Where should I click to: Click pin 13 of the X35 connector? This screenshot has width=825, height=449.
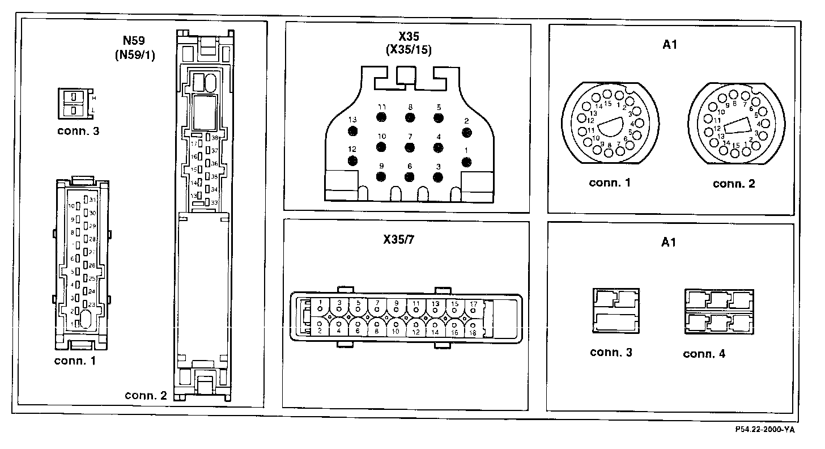click(x=353, y=132)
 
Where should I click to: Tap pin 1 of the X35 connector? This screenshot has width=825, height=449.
click(x=467, y=162)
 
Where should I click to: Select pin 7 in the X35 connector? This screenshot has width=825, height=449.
click(x=409, y=147)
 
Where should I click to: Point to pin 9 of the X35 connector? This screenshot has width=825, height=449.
click(x=381, y=176)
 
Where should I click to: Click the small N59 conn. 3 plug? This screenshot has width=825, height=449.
click(x=74, y=103)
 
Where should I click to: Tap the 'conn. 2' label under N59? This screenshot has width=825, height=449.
click(x=146, y=395)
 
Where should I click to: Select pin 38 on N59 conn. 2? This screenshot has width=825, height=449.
click(x=209, y=138)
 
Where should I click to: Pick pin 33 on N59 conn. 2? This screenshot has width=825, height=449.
click(x=208, y=202)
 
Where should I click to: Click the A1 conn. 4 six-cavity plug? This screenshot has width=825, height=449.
click(x=718, y=311)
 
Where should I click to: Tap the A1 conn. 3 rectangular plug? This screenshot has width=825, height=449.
click(x=616, y=311)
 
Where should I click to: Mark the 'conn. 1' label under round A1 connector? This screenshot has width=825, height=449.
click(x=610, y=183)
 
